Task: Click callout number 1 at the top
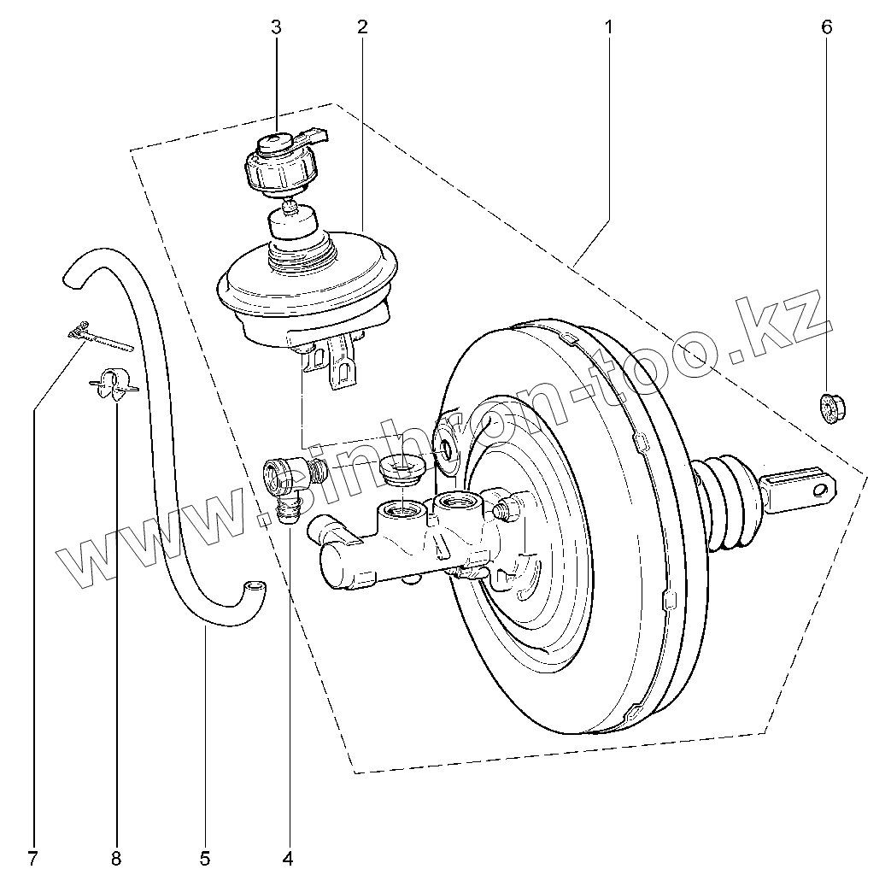608,27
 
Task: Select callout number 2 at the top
362,27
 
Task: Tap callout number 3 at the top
276,27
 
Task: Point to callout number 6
826,27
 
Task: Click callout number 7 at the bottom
32,857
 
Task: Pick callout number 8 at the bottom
115,857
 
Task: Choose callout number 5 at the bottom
205,857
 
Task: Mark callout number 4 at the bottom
288,857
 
